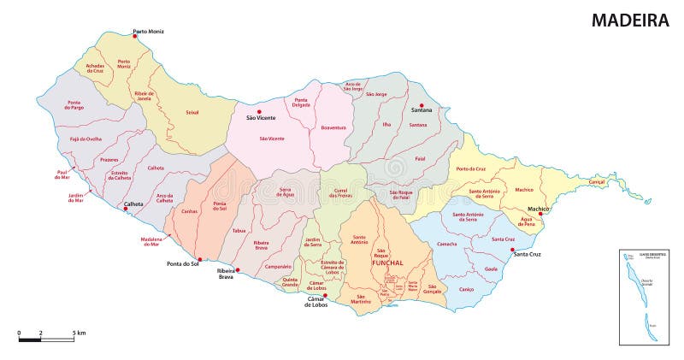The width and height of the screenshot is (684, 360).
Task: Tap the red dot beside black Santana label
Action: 422,105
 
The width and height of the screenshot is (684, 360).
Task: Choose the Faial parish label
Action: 419,158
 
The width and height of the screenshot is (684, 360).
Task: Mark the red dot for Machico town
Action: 540,215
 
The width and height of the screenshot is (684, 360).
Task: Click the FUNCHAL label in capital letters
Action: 386,263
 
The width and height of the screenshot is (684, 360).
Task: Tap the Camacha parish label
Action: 446,245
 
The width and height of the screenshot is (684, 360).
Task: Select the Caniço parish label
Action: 466,289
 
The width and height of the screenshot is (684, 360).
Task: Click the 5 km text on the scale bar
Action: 79,332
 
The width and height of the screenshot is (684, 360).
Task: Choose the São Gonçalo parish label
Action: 432,288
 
